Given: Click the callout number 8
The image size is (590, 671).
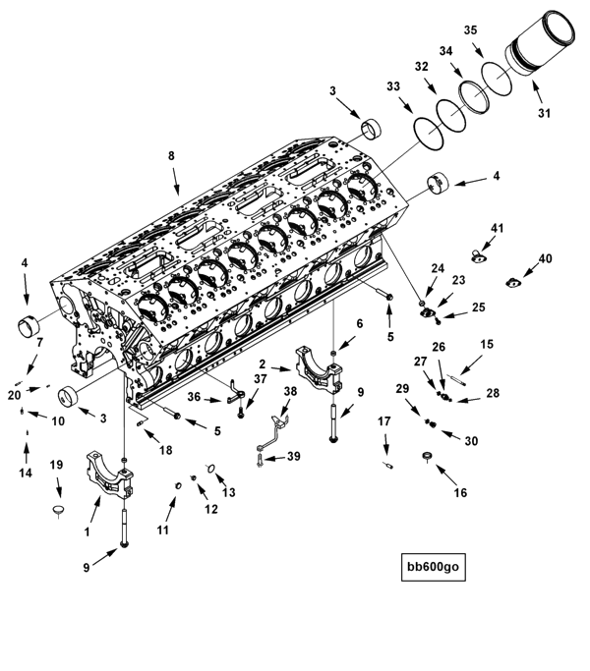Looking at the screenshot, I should point(171,155).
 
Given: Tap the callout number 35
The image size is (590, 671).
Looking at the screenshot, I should point(471,30).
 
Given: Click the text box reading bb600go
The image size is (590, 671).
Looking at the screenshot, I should point(434,566).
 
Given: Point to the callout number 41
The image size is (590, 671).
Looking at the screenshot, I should point(498,229).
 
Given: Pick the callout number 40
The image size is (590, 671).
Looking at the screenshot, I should point(546,259).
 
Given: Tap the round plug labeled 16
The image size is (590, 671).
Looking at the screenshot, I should point(427,457).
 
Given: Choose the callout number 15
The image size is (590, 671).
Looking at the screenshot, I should point(487,345).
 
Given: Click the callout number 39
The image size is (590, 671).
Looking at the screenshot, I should point(293,457).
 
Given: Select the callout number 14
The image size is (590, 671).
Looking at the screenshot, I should point(27,473).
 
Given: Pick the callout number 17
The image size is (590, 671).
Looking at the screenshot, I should point(383,422).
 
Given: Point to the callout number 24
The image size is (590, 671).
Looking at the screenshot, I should point(438,266).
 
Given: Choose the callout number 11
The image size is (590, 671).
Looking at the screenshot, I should point(163,530).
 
